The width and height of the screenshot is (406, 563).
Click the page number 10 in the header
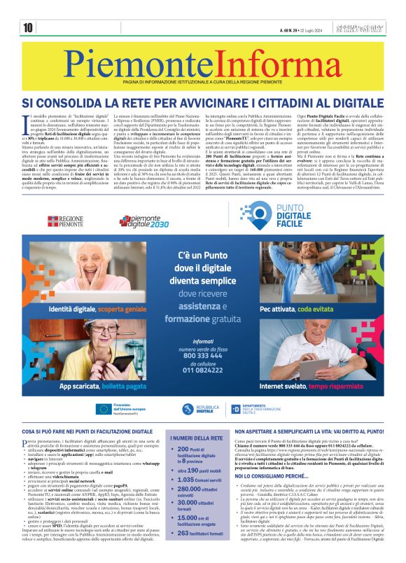28,28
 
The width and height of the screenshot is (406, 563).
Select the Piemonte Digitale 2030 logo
143,221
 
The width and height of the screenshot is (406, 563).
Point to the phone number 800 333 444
203,355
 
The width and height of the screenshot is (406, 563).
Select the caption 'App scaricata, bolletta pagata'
103,386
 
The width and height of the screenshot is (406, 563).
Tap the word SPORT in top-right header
370,27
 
